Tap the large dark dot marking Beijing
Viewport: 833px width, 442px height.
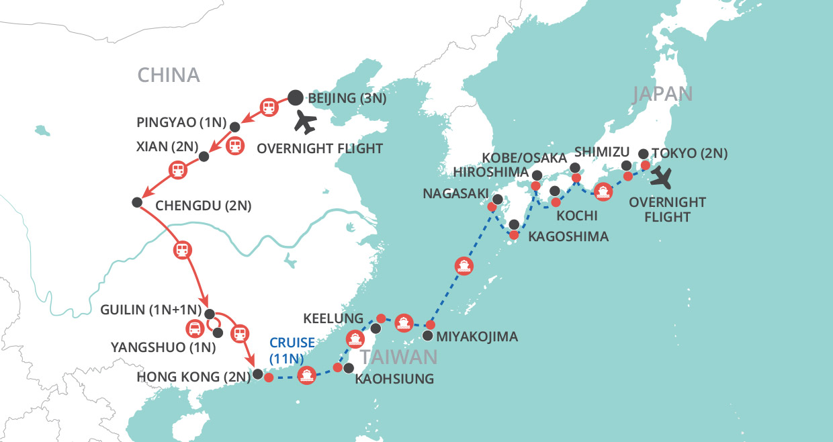tap(296, 97)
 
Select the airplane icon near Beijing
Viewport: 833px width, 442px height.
tap(305, 122)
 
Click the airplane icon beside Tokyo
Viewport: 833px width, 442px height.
tap(664, 177)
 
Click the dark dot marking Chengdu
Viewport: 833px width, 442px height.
tap(137, 202)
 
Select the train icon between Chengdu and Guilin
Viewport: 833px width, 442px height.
tap(181, 251)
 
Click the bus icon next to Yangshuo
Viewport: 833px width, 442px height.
tap(194, 329)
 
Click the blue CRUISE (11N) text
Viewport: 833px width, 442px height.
tap(292, 350)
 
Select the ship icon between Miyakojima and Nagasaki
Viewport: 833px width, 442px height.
tap(464, 265)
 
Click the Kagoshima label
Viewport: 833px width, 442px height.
tap(568, 236)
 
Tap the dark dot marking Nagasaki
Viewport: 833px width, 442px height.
tap(497, 200)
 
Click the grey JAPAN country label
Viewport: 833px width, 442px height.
tap(662, 93)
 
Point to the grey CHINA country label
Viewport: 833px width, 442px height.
tap(169, 75)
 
